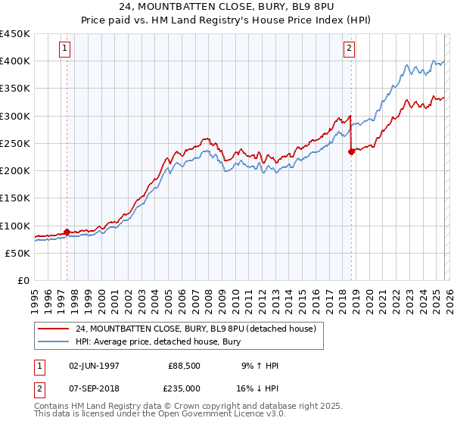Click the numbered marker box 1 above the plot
pyautogui.click(x=65, y=49)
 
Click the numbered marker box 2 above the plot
pyautogui.click(x=349, y=49)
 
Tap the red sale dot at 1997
pyautogui.click(x=67, y=232)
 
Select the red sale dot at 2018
pyautogui.click(x=351, y=151)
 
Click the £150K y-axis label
pyautogui.click(x=15, y=198)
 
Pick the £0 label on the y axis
pyautogui.click(x=23, y=281)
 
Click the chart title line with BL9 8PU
pyautogui.click(x=226, y=7)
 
